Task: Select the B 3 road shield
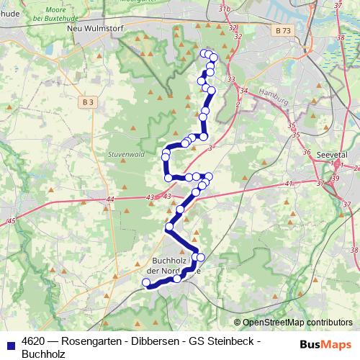[x=88, y=103]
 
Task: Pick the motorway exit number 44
[x=109, y=199]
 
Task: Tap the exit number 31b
[x=225, y=8]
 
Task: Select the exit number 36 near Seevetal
[x=307, y=153]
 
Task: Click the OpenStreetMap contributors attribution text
[x=297, y=323]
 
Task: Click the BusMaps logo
[x=325, y=344]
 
